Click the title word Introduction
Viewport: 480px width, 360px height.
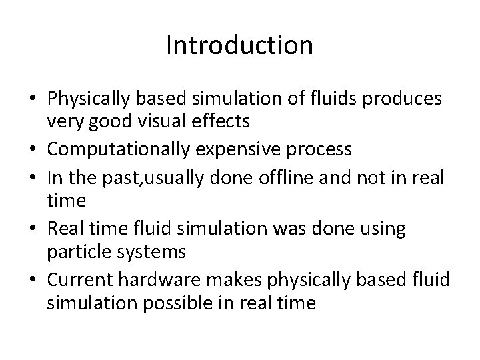coord(239,45)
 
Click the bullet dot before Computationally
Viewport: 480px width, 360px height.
coord(31,149)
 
